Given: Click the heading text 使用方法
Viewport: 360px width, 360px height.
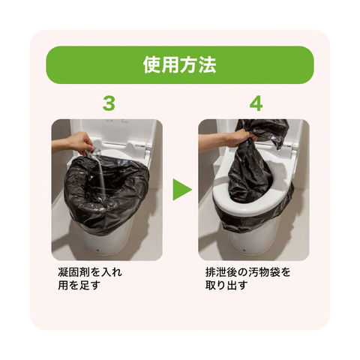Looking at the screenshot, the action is click(180, 64).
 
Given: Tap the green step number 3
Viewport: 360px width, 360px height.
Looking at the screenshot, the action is click(109, 103).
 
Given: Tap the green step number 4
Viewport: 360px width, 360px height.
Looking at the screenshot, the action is click(256, 103).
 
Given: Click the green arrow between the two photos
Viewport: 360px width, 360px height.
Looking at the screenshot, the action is click(182, 190).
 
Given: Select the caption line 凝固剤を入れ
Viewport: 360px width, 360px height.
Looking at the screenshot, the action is click(90, 272).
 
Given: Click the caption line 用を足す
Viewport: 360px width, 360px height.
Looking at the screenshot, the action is click(79, 285).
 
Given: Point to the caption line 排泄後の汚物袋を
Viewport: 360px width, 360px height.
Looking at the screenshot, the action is click(248, 272).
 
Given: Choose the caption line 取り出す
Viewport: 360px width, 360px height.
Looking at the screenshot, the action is click(226, 285).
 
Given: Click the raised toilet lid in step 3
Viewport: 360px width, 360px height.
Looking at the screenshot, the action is click(112, 133).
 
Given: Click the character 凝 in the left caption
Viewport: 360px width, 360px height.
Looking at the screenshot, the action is click(63, 272).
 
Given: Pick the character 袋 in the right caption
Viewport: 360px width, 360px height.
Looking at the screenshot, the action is click(274, 272).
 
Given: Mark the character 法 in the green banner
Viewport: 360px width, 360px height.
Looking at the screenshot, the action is click(208, 64).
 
